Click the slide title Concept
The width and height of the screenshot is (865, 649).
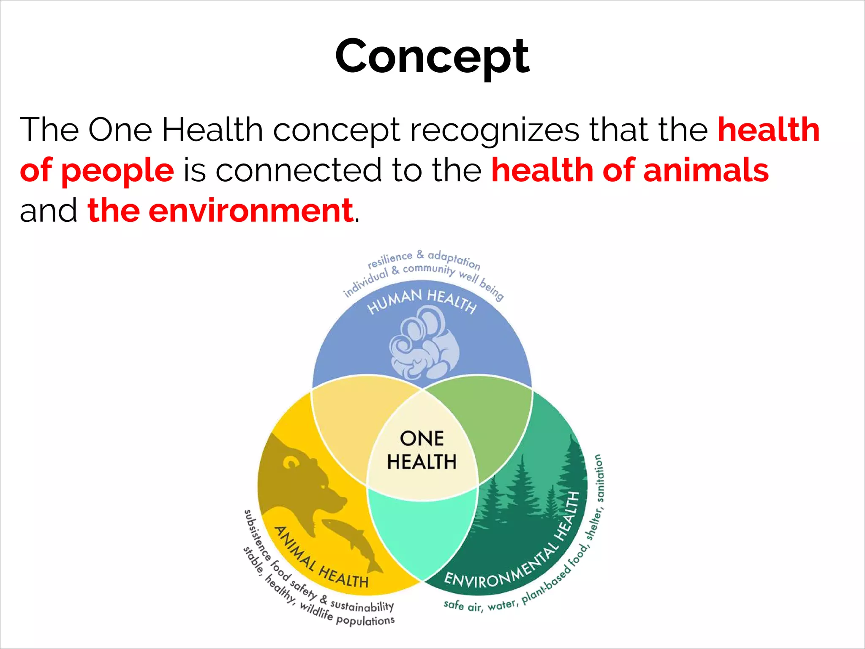pos(432,56)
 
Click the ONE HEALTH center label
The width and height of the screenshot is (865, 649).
pos(422,450)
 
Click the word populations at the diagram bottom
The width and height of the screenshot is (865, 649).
pos(365,621)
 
